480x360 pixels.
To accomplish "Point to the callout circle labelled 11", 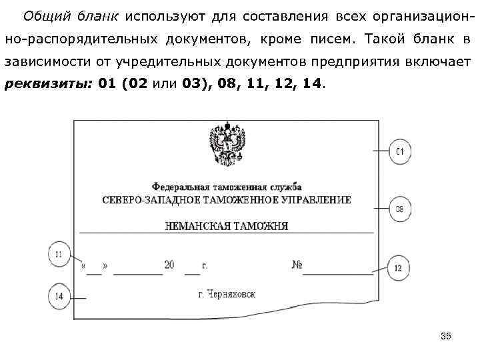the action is (x=60, y=253).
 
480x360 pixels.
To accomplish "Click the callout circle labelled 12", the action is (x=398, y=268).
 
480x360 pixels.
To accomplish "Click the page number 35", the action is (x=446, y=337).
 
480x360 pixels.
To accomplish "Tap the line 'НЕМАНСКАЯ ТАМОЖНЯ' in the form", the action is (x=227, y=225).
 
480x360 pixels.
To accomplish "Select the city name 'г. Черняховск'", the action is (x=227, y=294).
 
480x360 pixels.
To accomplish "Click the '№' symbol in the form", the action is (x=297, y=265).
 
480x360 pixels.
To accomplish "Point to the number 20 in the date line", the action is (x=169, y=265).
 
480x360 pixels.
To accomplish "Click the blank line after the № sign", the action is (x=338, y=272).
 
